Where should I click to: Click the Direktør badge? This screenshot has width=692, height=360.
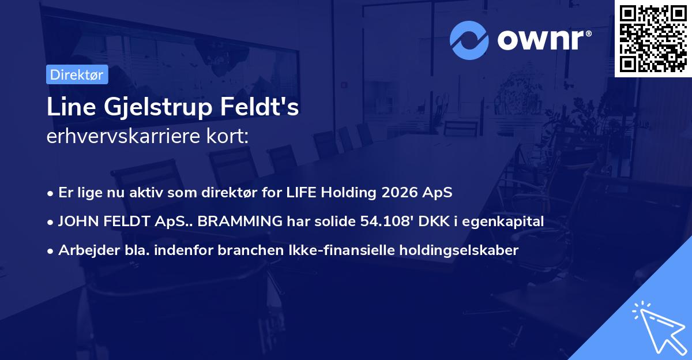tap(77, 74)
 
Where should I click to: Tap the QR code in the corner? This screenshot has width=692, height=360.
tap(653, 39)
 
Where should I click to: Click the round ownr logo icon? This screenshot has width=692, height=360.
tap(469, 40)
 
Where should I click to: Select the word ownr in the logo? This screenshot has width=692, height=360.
tap(544, 40)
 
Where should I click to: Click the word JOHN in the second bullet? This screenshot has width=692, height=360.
tap(76, 221)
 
